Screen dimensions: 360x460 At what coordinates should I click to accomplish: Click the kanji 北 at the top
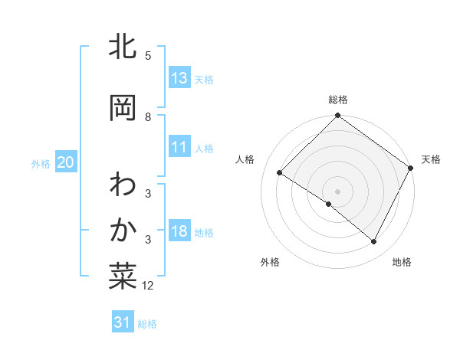123,48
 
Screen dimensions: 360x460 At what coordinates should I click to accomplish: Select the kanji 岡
123,108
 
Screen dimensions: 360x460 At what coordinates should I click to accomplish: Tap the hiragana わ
123,185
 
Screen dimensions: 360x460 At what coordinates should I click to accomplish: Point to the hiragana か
123,228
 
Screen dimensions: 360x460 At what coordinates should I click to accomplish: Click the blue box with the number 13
179,78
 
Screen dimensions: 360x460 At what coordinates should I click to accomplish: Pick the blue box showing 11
179,148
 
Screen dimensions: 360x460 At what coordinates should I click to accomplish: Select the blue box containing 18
179,232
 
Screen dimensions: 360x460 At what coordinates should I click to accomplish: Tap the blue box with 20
65,162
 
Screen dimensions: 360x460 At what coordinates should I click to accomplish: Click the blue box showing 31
123,323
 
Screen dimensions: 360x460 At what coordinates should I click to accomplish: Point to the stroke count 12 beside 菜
148,286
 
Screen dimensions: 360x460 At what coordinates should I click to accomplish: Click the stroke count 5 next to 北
148,56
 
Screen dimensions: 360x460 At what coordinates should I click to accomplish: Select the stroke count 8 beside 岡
148,117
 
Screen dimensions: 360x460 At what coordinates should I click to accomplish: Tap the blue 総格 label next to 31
147,324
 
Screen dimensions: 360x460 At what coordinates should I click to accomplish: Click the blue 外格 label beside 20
41,163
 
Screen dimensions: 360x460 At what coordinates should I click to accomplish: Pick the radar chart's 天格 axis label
431,159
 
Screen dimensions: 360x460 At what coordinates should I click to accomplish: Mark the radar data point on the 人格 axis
280,172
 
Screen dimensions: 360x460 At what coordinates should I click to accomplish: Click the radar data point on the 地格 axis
374,242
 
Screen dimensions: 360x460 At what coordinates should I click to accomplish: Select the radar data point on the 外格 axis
329,204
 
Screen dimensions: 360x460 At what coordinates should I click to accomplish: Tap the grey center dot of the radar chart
337,191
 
